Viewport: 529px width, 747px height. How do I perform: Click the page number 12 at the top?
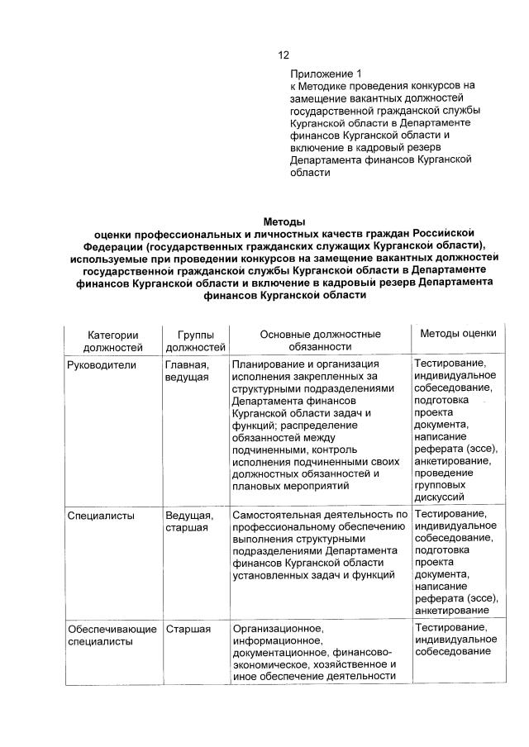[x=283, y=55]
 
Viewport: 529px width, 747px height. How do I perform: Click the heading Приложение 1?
[x=326, y=73]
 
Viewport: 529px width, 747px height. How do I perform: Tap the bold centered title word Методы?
[x=284, y=221]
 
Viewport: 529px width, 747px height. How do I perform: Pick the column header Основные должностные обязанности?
[x=320, y=340]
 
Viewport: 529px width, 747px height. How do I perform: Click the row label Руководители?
[x=102, y=364]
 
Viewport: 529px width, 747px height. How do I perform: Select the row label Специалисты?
[x=98, y=516]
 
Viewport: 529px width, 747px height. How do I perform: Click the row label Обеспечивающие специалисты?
[x=112, y=635]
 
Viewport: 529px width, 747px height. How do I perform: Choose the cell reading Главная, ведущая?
[x=187, y=370]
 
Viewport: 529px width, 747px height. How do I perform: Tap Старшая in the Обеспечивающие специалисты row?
[x=188, y=630]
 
